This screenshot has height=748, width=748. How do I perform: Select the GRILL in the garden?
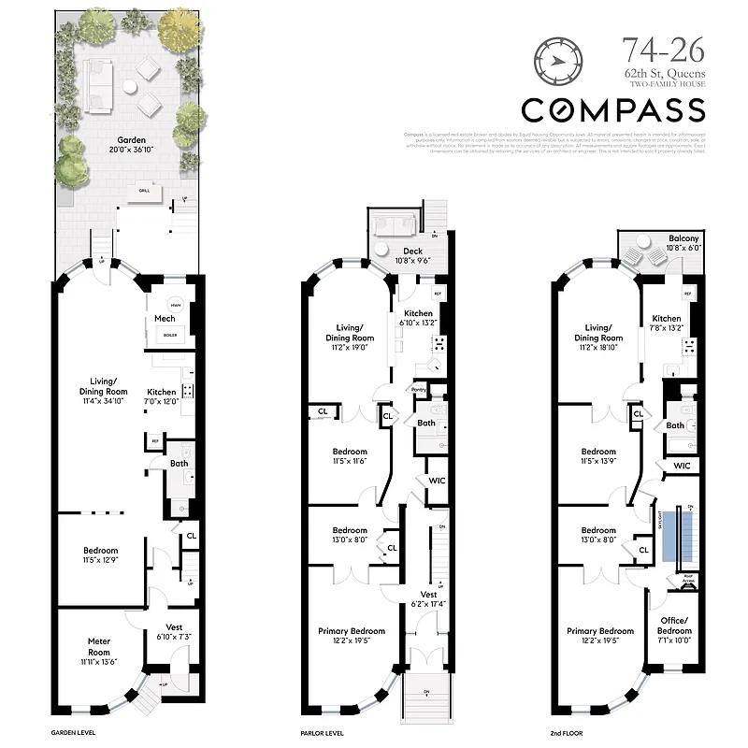pos(144,190)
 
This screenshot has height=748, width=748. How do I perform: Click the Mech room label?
pos(165,319)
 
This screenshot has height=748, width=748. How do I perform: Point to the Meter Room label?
pos(99,646)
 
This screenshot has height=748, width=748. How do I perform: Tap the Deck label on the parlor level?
pos(414,255)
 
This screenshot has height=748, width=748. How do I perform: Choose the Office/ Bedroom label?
pos(672,626)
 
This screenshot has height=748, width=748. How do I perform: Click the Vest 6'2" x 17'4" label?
pos(428,599)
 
